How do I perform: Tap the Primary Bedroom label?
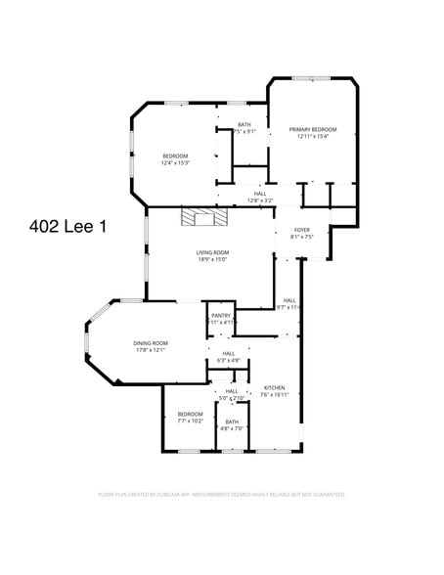point(312,130)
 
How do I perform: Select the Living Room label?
point(212,252)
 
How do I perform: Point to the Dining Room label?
point(151,342)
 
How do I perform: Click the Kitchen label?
point(275,388)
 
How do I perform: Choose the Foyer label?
point(302,230)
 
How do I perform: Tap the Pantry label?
point(221,315)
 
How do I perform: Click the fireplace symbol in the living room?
point(202,215)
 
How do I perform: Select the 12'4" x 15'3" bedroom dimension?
point(175,163)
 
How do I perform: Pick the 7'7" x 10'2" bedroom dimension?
point(190,420)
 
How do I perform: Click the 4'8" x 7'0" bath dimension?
point(232,428)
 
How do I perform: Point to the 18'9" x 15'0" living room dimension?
point(212,259)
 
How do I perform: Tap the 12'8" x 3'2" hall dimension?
point(259,200)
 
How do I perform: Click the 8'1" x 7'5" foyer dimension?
point(302,237)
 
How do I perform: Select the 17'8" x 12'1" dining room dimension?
point(151,349)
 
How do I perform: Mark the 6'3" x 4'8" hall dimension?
point(228,361)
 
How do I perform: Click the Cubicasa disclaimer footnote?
point(222,495)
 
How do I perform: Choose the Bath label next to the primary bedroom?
point(244,124)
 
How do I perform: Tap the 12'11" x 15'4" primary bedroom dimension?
point(312,137)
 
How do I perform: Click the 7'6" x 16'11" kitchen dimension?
point(275,395)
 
